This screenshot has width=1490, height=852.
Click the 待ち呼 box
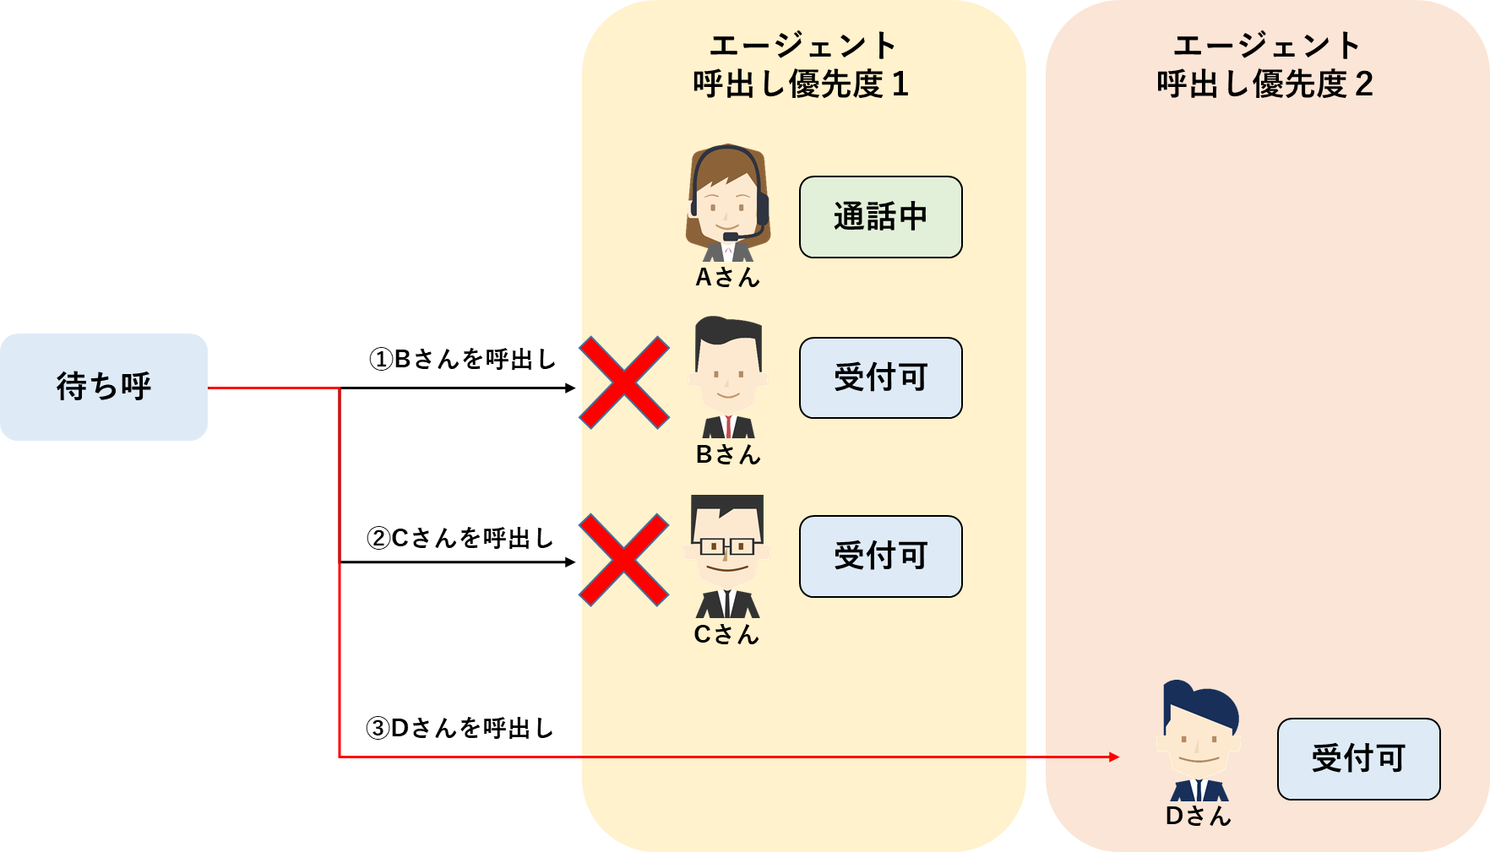[x=104, y=387]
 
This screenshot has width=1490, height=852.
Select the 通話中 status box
[x=880, y=217]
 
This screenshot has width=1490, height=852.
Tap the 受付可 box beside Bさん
[x=880, y=377]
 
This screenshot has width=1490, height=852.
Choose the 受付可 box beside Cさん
[x=880, y=556]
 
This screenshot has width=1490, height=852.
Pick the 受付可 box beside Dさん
[x=1358, y=758]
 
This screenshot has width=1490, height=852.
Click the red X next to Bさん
[x=624, y=383]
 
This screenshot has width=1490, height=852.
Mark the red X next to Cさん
[x=624, y=561]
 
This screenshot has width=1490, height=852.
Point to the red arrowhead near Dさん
[x=1114, y=757]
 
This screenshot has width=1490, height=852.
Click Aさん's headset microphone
[x=731, y=236]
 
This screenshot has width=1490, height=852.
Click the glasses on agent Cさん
[x=727, y=547]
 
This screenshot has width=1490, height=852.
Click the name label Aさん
[x=727, y=277]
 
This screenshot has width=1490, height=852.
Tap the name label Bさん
[x=727, y=454]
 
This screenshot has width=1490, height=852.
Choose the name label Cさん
[x=726, y=634]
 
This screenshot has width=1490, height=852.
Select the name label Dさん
[x=1198, y=816]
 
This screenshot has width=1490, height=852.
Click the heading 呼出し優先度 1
[x=800, y=84]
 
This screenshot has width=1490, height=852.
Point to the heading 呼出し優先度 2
[x=1264, y=84]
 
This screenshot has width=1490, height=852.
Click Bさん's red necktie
[x=728, y=426]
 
